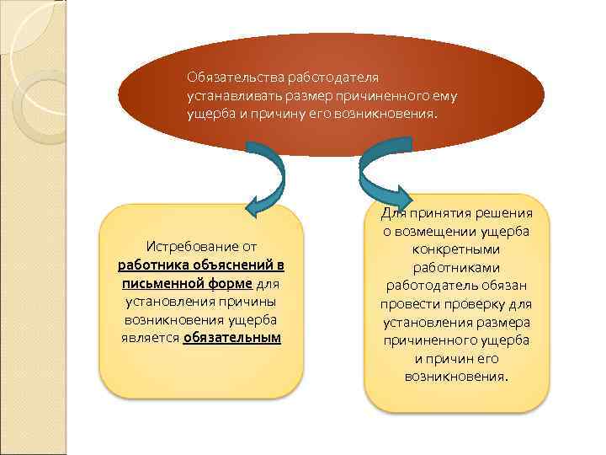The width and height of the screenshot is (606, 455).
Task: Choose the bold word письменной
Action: coord(160,284)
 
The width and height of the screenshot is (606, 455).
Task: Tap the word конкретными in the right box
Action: coord(457,249)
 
